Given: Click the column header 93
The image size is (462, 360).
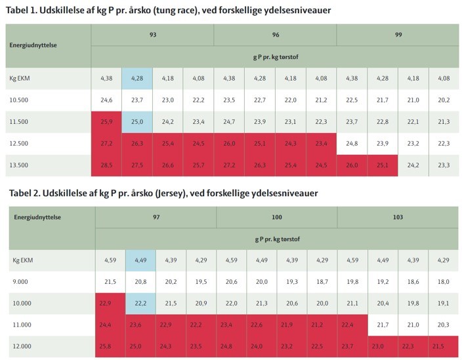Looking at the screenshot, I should click(x=152, y=34).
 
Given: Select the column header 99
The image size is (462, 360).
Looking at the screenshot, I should click(x=398, y=34).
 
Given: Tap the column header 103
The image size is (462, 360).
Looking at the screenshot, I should click(x=398, y=216).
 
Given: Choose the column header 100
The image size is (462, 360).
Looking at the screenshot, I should click(x=276, y=216).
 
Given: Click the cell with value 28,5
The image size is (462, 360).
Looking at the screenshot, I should click(x=106, y=165).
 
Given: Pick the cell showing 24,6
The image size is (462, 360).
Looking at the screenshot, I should click(x=106, y=100).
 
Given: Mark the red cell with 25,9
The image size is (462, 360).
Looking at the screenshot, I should click(x=106, y=122).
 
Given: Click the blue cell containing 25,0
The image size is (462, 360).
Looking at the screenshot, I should click(x=137, y=122).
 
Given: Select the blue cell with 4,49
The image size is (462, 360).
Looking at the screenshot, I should click(x=140, y=260).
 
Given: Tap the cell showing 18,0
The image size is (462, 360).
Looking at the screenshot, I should click(x=443, y=282).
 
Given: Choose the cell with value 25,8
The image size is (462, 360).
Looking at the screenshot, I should click(x=110, y=347).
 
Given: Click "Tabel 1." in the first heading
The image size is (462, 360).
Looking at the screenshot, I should click(x=25, y=10).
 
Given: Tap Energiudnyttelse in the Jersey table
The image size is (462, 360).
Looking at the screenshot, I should click(x=37, y=216).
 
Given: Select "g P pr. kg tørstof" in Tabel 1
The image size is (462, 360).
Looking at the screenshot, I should click(x=275, y=56).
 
